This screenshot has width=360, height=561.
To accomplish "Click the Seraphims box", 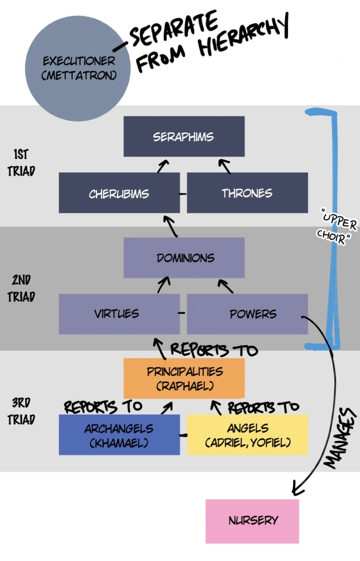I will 184,136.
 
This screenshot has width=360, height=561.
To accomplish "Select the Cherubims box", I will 119,193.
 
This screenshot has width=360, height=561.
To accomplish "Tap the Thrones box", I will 247,193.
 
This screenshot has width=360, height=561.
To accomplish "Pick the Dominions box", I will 184,258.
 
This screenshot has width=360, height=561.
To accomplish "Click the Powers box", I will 247,314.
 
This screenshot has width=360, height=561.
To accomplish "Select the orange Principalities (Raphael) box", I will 184,378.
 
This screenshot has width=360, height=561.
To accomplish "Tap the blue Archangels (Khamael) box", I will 119,435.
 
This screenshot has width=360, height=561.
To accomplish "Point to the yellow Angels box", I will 247,435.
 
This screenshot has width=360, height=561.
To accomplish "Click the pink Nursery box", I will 252,521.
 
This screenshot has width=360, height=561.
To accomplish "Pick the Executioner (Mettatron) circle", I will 78,68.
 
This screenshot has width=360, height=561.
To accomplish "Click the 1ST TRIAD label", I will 21,163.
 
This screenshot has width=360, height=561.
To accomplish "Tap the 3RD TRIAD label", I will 21,411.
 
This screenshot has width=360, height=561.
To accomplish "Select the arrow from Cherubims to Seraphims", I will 163,166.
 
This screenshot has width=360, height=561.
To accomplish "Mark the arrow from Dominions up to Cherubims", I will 171,225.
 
